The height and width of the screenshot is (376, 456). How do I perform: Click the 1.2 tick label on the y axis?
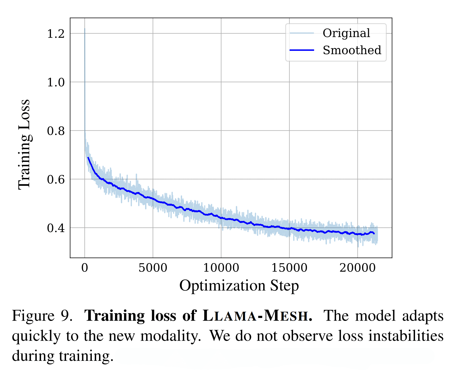tap(56, 34)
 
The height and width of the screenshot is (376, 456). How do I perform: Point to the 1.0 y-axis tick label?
tap(56, 82)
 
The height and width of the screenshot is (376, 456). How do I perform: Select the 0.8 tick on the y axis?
tap(56, 131)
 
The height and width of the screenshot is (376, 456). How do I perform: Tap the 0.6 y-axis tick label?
tap(56, 179)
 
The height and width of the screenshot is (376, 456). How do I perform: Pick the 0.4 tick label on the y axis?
tap(56, 228)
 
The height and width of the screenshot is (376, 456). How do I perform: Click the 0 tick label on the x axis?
tap(85, 268)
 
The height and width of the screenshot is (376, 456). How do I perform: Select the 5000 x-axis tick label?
tap(153, 268)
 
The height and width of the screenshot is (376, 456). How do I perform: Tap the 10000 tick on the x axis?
tap(221, 268)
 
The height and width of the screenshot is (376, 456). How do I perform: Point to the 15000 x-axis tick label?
tap(289, 268)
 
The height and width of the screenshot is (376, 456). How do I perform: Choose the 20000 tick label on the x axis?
tap(357, 268)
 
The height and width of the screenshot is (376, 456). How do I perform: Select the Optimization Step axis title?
tap(239, 286)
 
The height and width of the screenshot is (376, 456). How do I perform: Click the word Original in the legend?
tap(346, 33)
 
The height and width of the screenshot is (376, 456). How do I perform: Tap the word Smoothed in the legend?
tap(352, 50)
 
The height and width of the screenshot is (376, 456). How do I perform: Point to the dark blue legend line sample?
tap(302, 50)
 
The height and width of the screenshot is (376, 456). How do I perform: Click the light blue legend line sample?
tap(302, 33)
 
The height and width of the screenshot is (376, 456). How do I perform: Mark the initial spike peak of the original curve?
tap(85, 29)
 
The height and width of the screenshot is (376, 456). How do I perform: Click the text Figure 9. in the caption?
tap(42, 316)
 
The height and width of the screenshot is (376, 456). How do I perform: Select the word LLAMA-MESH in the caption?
tap(256, 316)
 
